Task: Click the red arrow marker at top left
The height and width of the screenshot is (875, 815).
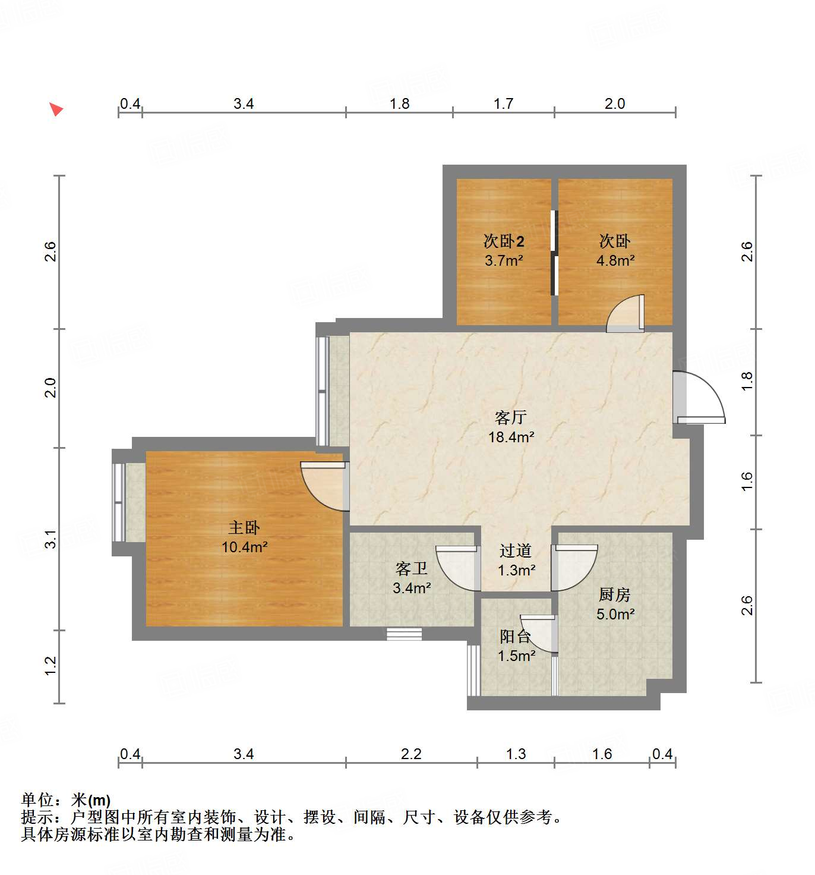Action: [56, 109]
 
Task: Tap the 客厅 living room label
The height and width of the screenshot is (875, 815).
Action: [511, 418]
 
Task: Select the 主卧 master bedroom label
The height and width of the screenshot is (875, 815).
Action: [244, 528]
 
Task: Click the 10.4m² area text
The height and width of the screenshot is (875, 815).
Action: [244, 547]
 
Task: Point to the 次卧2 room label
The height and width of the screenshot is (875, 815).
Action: [504, 241]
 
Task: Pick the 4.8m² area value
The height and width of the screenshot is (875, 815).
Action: [615, 260]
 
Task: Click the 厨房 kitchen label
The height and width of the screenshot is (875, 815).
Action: [615, 594]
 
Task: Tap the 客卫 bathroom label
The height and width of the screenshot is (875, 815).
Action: [412, 569]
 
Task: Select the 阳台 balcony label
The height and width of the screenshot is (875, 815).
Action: [515, 637]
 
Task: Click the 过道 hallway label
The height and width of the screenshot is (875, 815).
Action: [516, 551]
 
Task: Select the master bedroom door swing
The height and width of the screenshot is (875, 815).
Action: [324, 485]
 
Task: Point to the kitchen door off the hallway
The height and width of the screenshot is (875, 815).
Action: [573, 568]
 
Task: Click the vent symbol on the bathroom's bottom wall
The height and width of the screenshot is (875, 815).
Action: [405, 634]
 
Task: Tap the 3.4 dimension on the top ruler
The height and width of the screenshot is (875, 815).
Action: [244, 104]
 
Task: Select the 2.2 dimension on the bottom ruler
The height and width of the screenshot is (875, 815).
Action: [411, 754]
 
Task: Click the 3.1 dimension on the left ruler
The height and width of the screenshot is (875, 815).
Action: [51, 539]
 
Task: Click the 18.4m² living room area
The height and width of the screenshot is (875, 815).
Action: [511, 437]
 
